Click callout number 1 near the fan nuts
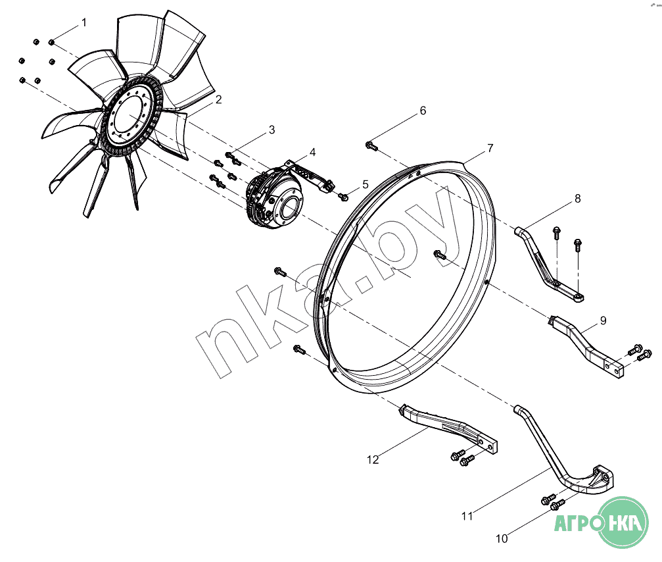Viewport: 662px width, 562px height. [x=84, y=22]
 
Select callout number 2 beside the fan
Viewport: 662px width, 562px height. [x=218, y=100]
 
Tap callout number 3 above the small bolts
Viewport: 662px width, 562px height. [x=272, y=130]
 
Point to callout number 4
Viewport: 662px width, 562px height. [x=312, y=152]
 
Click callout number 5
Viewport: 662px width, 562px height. [x=366, y=184]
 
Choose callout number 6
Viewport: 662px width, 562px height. [x=423, y=111]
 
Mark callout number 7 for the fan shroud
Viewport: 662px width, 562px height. [x=490, y=148]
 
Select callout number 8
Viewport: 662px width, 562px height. [x=578, y=198]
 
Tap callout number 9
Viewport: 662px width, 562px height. [x=603, y=320]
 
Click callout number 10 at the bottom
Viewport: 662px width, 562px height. [x=502, y=539]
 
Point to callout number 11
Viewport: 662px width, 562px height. [x=467, y=516]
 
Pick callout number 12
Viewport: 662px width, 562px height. [x=373, y=460]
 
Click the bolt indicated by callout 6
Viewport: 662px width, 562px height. [x=371, y=146]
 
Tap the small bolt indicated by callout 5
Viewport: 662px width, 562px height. [x=343, y=197]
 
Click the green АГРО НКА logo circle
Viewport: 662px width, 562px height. [x=623, y=523]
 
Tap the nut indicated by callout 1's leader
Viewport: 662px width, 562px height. [x=51, y=42]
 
